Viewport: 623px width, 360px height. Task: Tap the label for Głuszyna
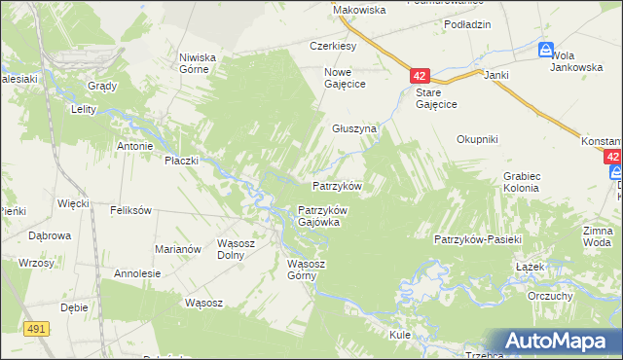pyautogui.click(x=353, y=127)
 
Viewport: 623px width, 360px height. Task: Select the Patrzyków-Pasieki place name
pyautogui.click(x=479, y=238)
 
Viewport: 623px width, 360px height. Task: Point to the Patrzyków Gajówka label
pyautogui.click(x=322, y=215)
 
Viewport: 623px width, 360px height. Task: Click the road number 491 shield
pyautogui.click(x=37, y=330)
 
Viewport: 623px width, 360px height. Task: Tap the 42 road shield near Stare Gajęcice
pyautogui.click(x=420, y=75)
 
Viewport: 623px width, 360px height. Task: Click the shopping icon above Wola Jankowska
pyautogui.click(x=547, y=50)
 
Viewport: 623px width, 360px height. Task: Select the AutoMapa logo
pyautogui.click(x=557, y=341)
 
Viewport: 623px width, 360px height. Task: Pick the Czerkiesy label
pyautogui.click(x=333, y=46)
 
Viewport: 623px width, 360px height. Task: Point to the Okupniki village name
pyautogui.click(x=478, y=139)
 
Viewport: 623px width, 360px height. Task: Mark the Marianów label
pyautogui.click(x=177, y=249)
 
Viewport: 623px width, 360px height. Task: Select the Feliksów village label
pyautogui.click(x=130, y=210)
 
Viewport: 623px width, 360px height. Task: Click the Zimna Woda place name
pyautogui.click(x=598, y=235)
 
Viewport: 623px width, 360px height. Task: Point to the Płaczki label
pyautogui.click(x=181, y=160)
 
